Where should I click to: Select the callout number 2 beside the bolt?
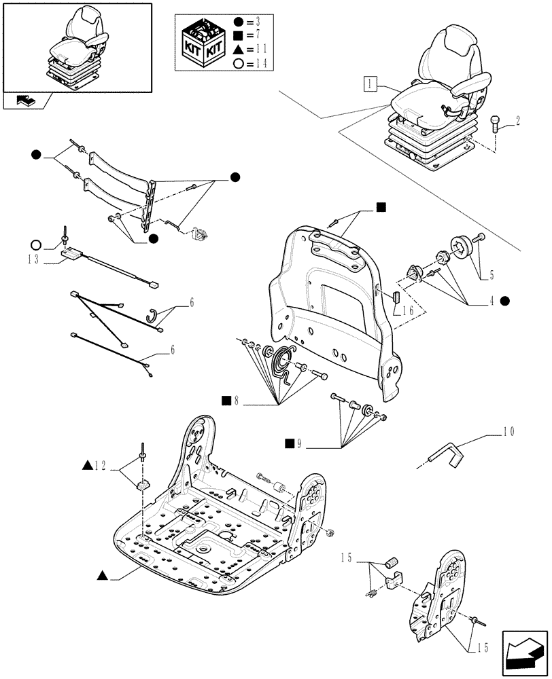(x=517, y=122)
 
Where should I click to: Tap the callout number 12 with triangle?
(x=100, y=466)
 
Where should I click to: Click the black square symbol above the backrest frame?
(x=382, y=207)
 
